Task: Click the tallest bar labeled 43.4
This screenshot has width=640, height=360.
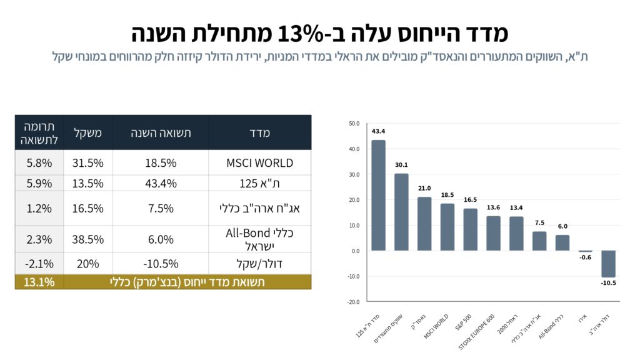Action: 378,195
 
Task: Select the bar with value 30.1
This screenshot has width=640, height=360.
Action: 401,212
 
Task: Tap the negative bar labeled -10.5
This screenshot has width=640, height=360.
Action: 608,264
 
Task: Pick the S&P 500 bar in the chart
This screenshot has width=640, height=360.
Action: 470,229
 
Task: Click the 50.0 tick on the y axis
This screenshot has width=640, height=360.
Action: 354,124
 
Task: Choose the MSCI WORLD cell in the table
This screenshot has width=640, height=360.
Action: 259,163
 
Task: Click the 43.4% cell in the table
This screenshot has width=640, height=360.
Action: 161,183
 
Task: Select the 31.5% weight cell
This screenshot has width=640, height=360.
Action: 88,163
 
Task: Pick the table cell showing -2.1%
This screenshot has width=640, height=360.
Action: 39,263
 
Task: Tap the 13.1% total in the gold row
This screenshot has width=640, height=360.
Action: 39,282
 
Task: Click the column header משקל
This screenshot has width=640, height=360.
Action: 88,132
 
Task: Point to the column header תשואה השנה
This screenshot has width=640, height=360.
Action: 161,132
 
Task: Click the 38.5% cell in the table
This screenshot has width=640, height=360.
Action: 88,239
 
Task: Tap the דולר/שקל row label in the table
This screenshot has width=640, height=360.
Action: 259,263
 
